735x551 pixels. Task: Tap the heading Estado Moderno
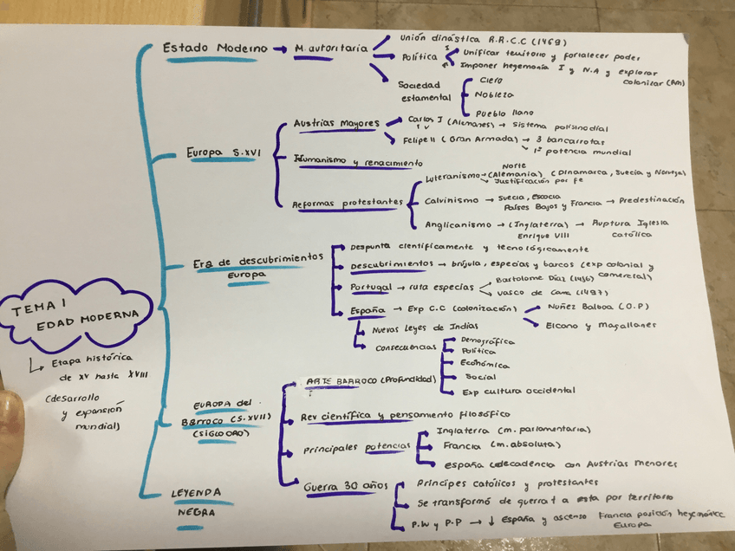point(215,49)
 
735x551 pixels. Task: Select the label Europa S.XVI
point(223,153)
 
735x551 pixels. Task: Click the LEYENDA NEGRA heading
point(195,502)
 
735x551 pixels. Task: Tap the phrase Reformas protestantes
point(347,202)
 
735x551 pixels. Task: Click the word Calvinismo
point(451,200)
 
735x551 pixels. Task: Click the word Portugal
point(370,287)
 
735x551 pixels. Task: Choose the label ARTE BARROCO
point(341,380)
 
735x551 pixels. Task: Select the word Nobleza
point(495,94)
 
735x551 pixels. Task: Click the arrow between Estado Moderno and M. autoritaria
point(279,49)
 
